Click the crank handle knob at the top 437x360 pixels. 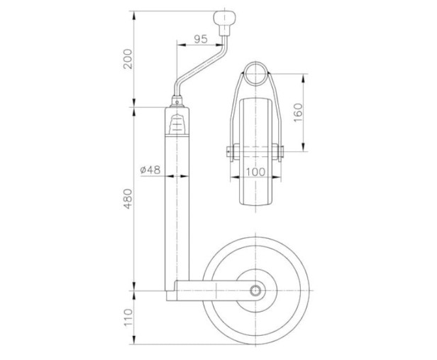coord(224,18)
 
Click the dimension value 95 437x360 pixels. coord(201,39)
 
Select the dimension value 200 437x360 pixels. coord(128,59)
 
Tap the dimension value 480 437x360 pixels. coord(128,199)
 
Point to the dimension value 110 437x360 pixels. coord(128,317)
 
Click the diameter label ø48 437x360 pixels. coord(150,170)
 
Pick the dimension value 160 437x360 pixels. coord(298,112)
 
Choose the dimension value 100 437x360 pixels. coord(255,172)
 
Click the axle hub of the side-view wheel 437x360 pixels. coord(255,290)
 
